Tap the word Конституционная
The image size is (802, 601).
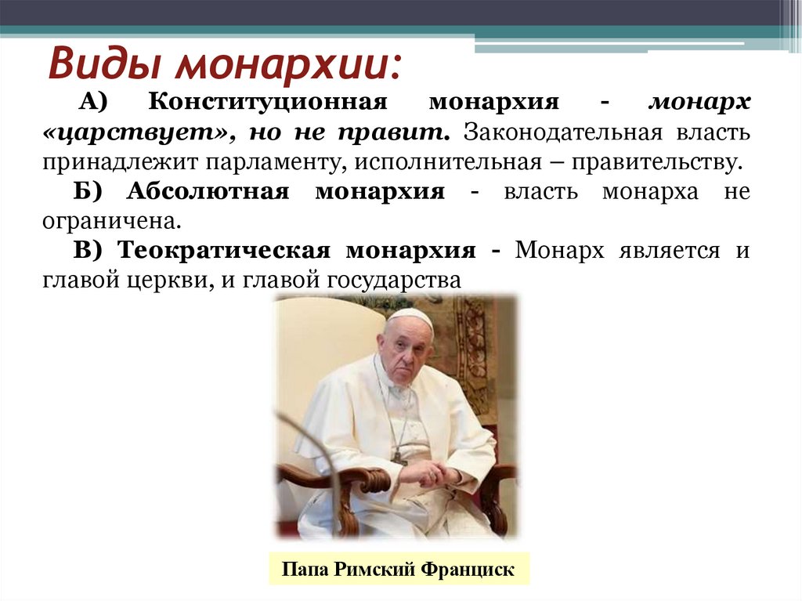coord(266,103)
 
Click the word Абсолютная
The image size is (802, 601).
coord(208,192)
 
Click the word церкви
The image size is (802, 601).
coord(175,281)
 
